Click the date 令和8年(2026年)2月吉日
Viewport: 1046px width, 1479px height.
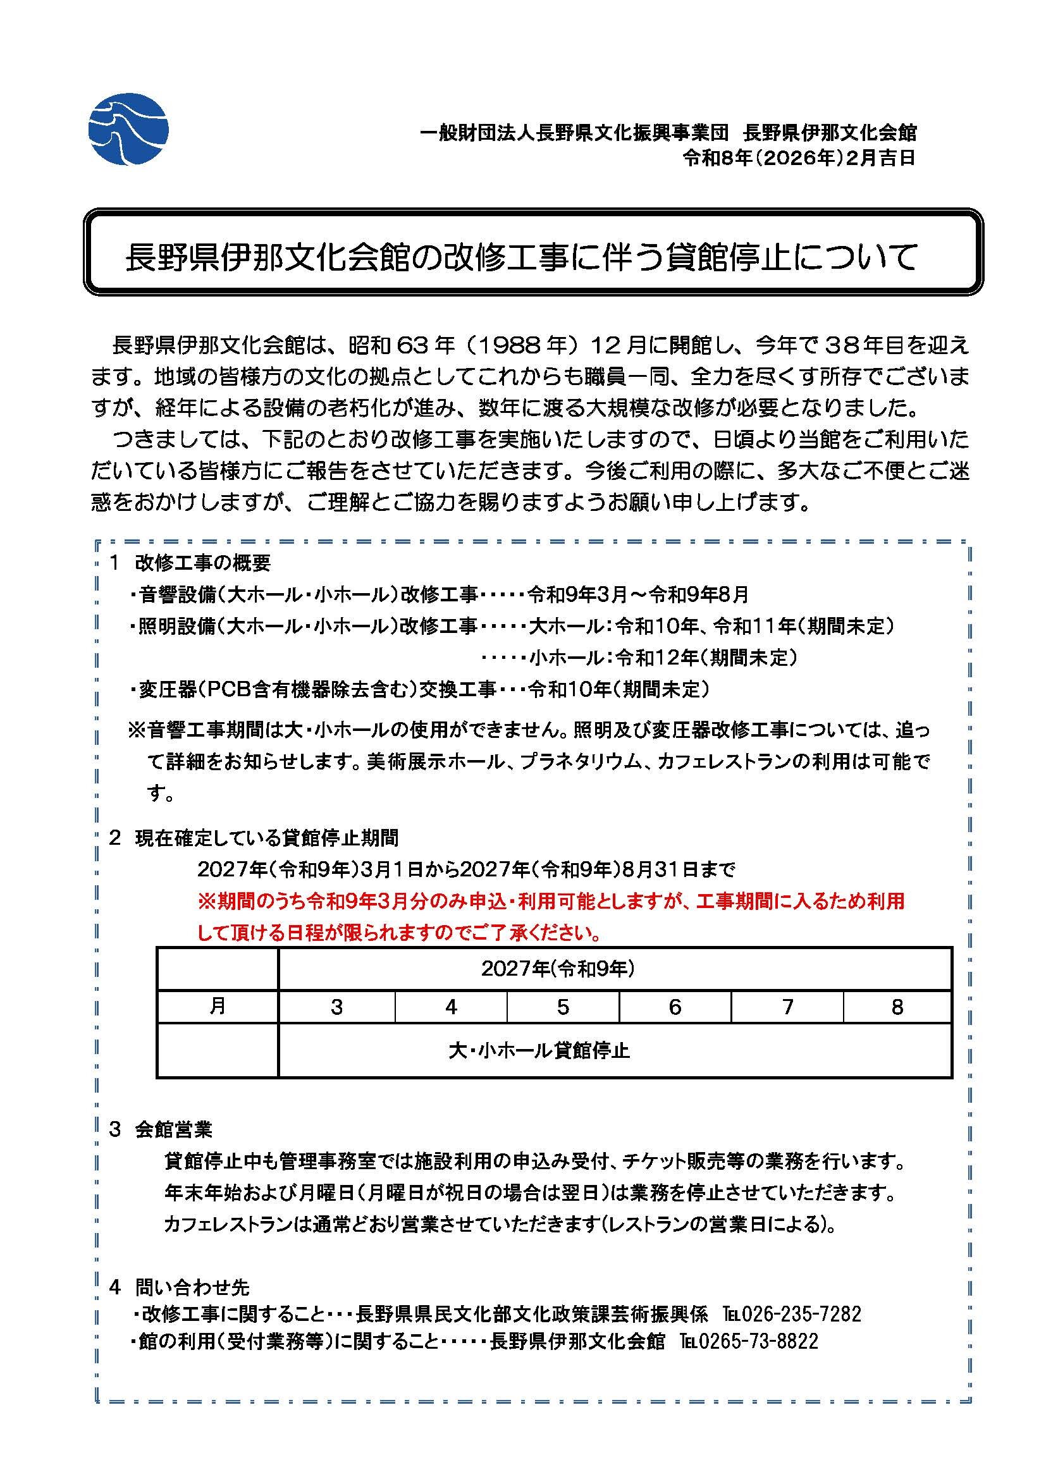pos(799,159)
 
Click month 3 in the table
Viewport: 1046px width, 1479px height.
pos(336,1007)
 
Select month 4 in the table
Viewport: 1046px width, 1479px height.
pos(451,1007)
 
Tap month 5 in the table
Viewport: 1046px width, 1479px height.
pos(563,1007)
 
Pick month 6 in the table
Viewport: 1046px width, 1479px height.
pos(675,1007)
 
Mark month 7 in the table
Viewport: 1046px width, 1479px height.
pos(787,1007)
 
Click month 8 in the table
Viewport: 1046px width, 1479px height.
pos(897,1007)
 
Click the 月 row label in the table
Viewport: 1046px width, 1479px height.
pos(218,1006)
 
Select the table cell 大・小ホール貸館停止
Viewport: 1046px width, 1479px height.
pos(538,1052)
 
